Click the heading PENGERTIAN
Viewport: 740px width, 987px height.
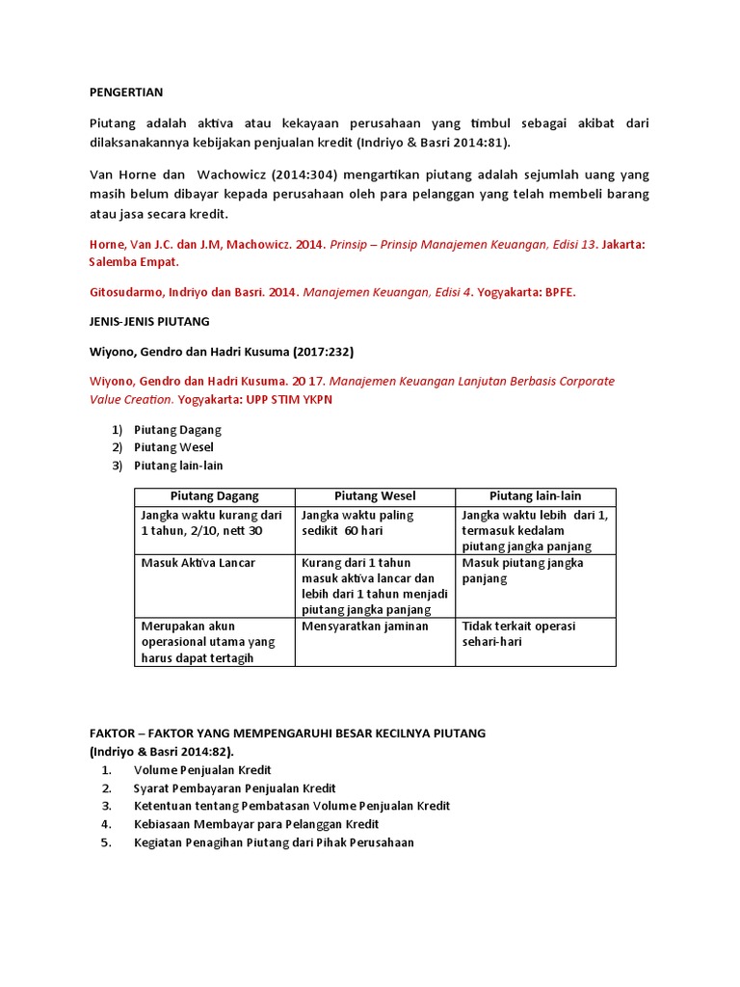126,93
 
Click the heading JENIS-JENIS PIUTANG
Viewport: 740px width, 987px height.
149,321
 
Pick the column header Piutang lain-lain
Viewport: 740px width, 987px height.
535,496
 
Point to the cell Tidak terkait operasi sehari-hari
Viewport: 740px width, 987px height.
518,634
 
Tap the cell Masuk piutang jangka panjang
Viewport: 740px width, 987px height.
522,571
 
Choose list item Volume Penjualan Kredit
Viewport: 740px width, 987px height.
202,770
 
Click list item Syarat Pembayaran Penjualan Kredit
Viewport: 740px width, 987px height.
229,788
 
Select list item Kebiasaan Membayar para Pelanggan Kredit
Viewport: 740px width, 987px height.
256,824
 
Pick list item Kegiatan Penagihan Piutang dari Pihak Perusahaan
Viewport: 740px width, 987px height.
274,842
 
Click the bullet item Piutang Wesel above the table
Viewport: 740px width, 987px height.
173,447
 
